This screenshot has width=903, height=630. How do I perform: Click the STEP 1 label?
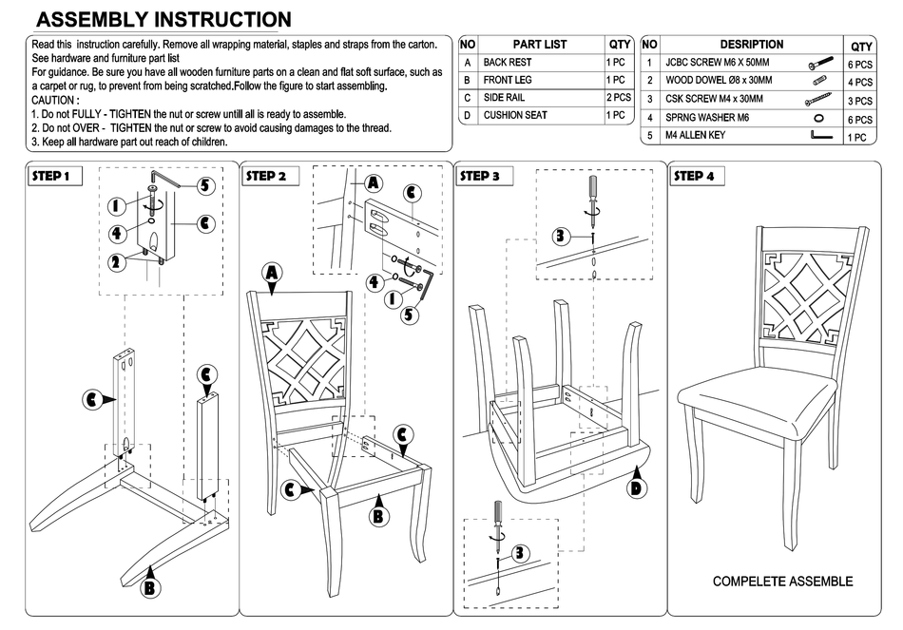51,176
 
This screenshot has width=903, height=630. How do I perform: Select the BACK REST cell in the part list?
508,62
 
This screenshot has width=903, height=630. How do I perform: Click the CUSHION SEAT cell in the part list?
515,115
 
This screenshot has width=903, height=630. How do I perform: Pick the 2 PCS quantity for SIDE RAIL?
619,97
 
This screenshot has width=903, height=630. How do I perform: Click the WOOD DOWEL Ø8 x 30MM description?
719,81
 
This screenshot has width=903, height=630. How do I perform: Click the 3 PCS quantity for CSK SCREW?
860,100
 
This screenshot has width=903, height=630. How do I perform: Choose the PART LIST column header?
540,44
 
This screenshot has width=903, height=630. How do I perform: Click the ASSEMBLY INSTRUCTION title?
163,20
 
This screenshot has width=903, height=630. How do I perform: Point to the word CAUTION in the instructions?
56,100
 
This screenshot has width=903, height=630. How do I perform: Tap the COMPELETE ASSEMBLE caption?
782,582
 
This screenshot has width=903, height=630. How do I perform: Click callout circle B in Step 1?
149,588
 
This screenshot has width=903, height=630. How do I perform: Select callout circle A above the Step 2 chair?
273,274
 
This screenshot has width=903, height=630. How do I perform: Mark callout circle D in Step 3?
637,488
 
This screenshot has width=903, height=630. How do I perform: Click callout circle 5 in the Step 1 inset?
205,186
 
